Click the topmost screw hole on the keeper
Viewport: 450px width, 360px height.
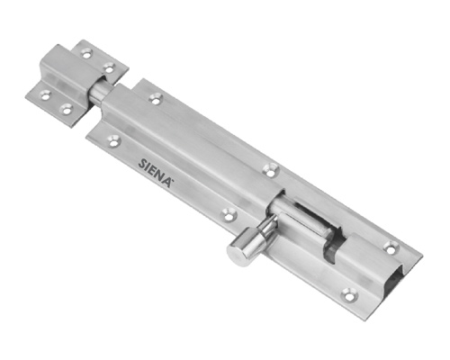tap(86, 54)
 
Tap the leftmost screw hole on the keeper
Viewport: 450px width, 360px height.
tap(45, 95)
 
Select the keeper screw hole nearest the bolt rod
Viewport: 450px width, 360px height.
tap(109, 67)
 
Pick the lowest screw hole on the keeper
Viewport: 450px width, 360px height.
tap(67, 109)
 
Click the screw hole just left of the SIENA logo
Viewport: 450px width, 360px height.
tap(114, 140)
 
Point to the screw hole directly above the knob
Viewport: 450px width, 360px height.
tap(229, 214)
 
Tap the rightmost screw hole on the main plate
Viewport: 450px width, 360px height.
tap(391, 247)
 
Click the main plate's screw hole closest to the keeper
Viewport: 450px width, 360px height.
tap(156, 98)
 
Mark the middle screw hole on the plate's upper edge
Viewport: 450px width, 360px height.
tap(271, 170)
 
